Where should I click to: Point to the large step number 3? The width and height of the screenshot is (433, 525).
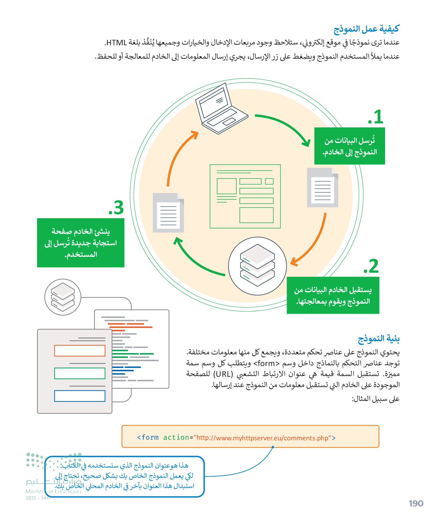click(116, 208)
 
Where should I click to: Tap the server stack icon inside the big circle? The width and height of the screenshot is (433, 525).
click(257, 266)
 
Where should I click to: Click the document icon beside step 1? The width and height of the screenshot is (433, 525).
click(323, 187)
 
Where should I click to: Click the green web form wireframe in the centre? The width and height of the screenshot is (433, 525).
click(245, 196)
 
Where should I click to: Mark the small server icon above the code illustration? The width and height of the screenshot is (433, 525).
click(63, 297)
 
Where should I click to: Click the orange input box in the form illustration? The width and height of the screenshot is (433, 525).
click(80, 351)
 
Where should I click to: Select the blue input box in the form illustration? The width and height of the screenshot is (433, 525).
click(80, 396)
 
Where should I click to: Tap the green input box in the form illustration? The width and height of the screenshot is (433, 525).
click(80, 373)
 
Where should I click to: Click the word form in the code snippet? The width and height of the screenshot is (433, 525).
click(150, 438)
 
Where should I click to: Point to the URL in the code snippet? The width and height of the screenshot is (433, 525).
click(262, 438)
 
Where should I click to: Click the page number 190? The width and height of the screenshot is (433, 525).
click(416, 503)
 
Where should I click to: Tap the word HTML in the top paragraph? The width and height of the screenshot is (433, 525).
click(117, 43)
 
